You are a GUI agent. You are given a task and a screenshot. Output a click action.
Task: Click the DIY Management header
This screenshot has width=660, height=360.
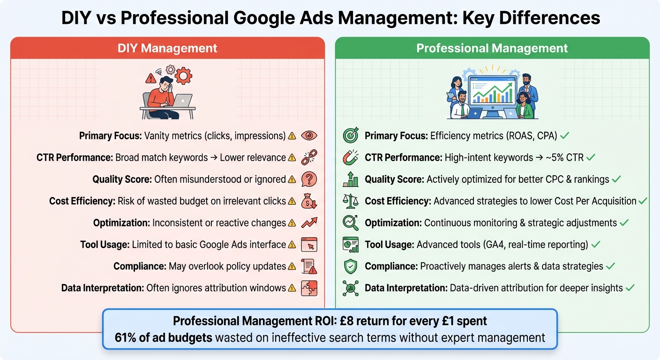click(167, 48)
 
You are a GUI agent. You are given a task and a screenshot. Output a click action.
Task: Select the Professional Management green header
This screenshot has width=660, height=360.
click(492, 48)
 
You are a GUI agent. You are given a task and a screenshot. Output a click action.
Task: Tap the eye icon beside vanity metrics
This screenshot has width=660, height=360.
click(309, 136)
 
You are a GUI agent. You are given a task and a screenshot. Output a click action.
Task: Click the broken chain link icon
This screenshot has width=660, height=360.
click(309, 157)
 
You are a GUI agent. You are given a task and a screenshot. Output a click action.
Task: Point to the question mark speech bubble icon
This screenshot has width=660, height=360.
click(309, 179)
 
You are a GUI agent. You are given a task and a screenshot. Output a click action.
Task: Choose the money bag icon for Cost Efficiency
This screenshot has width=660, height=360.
click(309, 201)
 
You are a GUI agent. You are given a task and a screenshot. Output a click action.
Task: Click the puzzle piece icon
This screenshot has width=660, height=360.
click(309, 288)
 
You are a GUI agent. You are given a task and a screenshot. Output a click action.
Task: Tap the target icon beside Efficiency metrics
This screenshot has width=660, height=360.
click(351, 136)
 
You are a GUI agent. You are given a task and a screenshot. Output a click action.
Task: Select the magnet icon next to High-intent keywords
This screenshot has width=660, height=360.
click(351, 157)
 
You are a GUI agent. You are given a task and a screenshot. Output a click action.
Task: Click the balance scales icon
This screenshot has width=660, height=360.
click(351, 201)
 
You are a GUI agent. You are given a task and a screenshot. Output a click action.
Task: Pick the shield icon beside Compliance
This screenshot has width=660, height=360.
click(351, 266)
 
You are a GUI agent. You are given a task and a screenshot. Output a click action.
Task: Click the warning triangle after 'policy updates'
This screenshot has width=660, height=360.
click(292, 266)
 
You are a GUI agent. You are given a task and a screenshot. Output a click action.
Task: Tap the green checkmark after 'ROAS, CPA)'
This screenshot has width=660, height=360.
click(565, 136)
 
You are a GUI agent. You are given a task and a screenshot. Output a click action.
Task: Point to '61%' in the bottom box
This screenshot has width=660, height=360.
click(125, 337)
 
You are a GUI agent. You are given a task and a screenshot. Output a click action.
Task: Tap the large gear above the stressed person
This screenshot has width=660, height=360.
click(183, 75)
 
